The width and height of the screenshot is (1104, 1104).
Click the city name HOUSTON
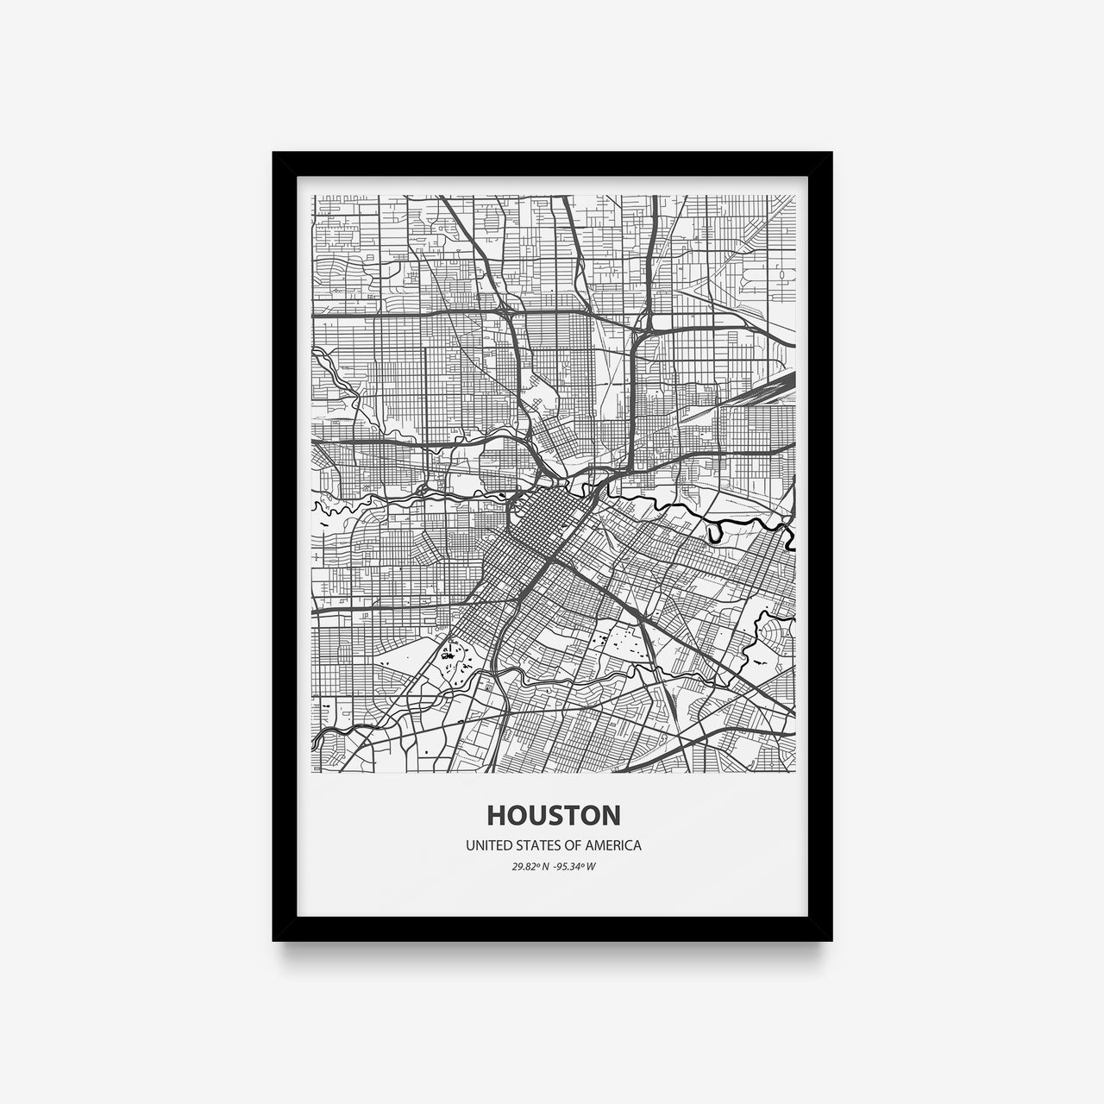tap(552, 815)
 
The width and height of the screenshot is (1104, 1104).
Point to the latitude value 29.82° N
tap(529, 867)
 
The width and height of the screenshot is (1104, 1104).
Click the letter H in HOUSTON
tap(497, 815)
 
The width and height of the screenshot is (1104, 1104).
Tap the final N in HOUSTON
tap(608, 815)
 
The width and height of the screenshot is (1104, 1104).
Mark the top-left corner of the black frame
tap(273, 153)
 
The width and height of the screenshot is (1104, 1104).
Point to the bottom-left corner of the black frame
tap(273, 940)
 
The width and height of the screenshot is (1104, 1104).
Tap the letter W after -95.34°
tap(592, 867)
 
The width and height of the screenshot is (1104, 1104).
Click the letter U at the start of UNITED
tap(470, 846)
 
